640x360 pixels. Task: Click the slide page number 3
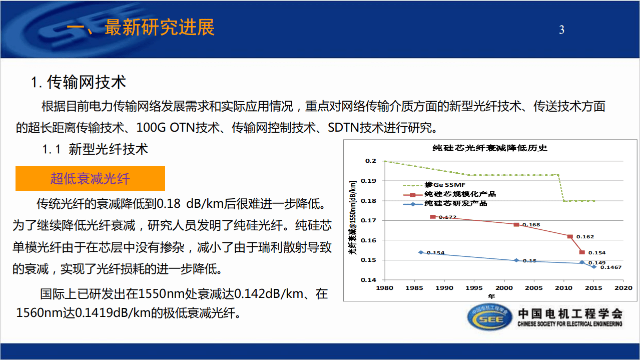coord(561,30)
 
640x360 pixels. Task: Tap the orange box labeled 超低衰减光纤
coord(90,178)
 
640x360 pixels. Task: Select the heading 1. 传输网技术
coord(79,82)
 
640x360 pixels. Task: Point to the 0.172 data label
coord(448,217)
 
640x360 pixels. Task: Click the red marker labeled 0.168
coord(516,224)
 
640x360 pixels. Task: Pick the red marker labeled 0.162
coord(570,236)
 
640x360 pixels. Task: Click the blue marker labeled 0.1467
coord(594,267)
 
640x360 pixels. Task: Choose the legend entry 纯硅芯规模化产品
coord(460,194)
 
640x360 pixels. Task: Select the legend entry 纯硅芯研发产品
coord(455,204)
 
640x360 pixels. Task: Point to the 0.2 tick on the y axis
coord(370,161)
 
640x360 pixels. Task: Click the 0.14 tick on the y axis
coord(369,280)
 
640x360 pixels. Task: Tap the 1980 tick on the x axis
coord(384,288)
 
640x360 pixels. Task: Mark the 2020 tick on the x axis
coord(623,288)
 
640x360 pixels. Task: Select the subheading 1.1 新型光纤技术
coord(95,149)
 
